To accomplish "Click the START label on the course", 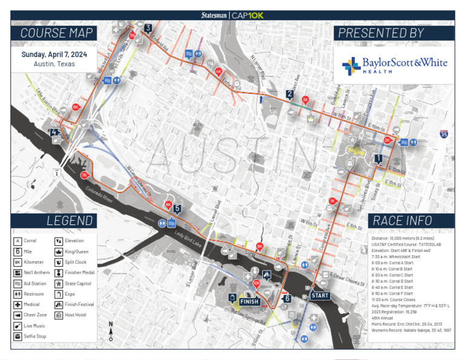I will pyautogui.click(x=320, y=295).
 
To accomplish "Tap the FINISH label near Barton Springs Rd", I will pyautogui.click(x=249, y=301).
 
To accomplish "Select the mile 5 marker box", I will pyautogui.click(x=177, y=208).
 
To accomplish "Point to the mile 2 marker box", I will pyautogui.click(x=290, y=94).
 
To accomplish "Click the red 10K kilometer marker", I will pyautogui.click(x=256, y=283).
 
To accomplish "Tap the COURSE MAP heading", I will pyautogui.click(x=56, y=33).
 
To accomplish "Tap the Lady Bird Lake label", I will pyautogui.click(x=187, y=238).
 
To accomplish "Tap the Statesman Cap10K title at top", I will pyautogui.click(x=232, y=15).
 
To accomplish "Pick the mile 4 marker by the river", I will pyautogui.click(x=54, y=132).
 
